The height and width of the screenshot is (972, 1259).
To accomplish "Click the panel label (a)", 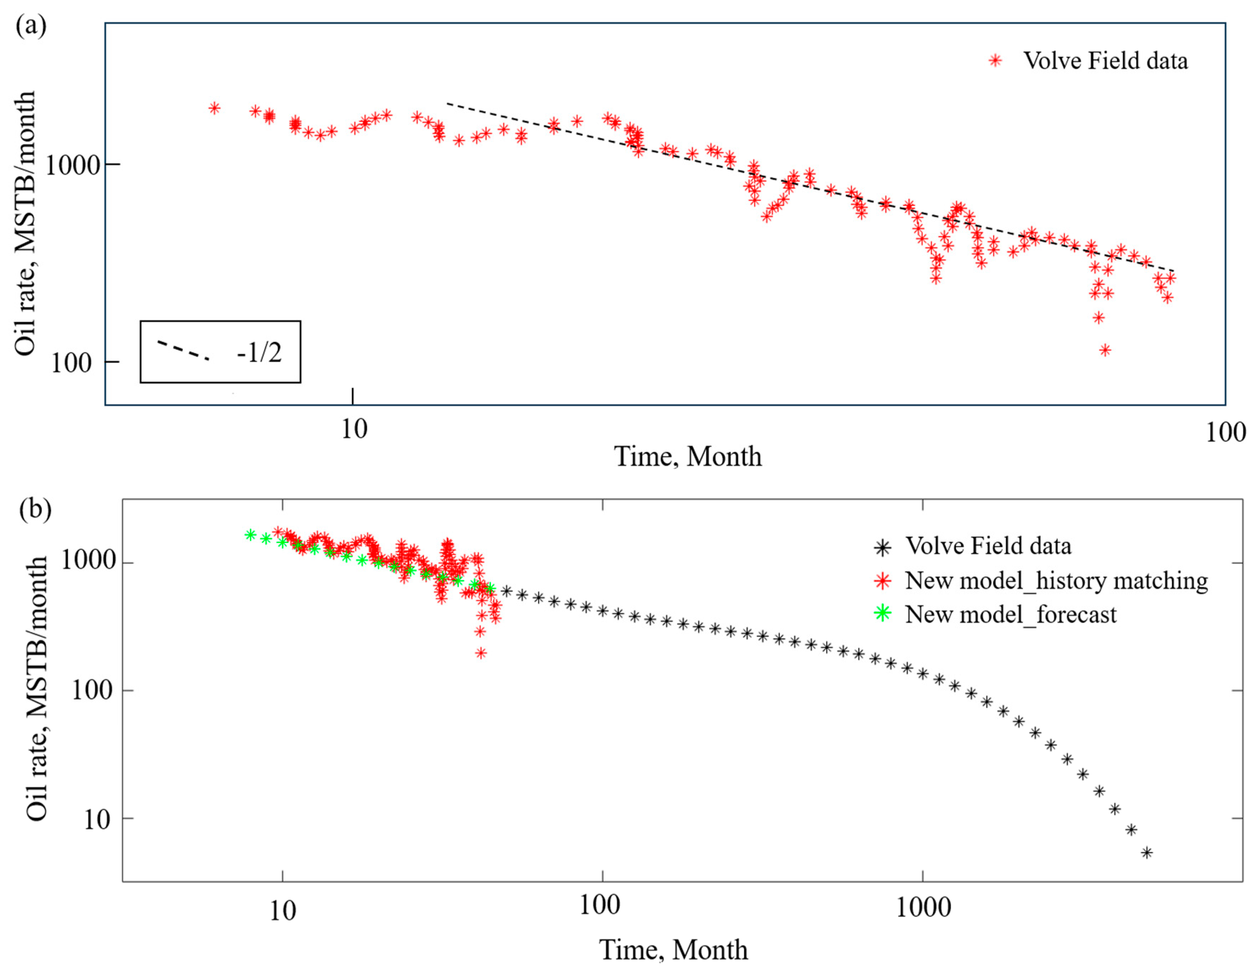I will (x=31, y=26).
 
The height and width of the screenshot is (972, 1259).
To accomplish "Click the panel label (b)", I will (x=35, y=509).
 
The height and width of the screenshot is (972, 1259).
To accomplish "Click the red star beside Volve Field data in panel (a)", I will (x=996, y=61).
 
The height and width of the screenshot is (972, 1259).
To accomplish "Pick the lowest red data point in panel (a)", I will (x=1105, y=350).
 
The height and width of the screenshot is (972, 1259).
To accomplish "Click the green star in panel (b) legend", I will (x=882, y=613).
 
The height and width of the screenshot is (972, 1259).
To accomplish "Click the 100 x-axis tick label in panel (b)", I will (x=599, y=905).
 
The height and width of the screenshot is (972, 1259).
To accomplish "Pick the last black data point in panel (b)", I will (x=1147, y=852).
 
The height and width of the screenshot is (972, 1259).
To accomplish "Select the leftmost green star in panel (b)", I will (x=250, y=535).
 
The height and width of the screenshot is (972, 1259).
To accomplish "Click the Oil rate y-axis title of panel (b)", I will (x=37, y=688).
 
